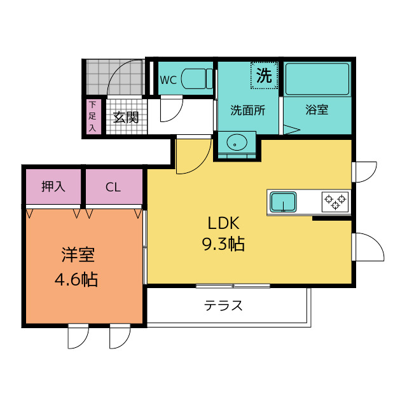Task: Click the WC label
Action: tap(168, 80)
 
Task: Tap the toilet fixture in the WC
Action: tap(197, 78)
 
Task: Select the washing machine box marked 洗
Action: tap(265, 76)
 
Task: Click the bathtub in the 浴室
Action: tap(317, 79)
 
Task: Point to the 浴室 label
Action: tap(317, 110)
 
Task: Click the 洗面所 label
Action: tap(247, 110)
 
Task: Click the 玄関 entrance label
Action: tap(126, 118)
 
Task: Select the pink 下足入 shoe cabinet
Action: tap(92, 116)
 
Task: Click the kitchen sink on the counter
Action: tap(283, 202)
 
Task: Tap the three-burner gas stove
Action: tap(335, 202)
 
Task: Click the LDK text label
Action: tap(223, 223)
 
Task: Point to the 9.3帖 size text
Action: tap(223, 244)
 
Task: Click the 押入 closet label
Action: tap(53, 186)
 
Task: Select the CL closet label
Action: tap(113, 187)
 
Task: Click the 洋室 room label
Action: tap(78, 255)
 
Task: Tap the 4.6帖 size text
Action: tap(76, 280)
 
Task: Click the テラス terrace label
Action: tap(223, 305)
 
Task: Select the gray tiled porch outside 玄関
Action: tap(115, 77)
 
